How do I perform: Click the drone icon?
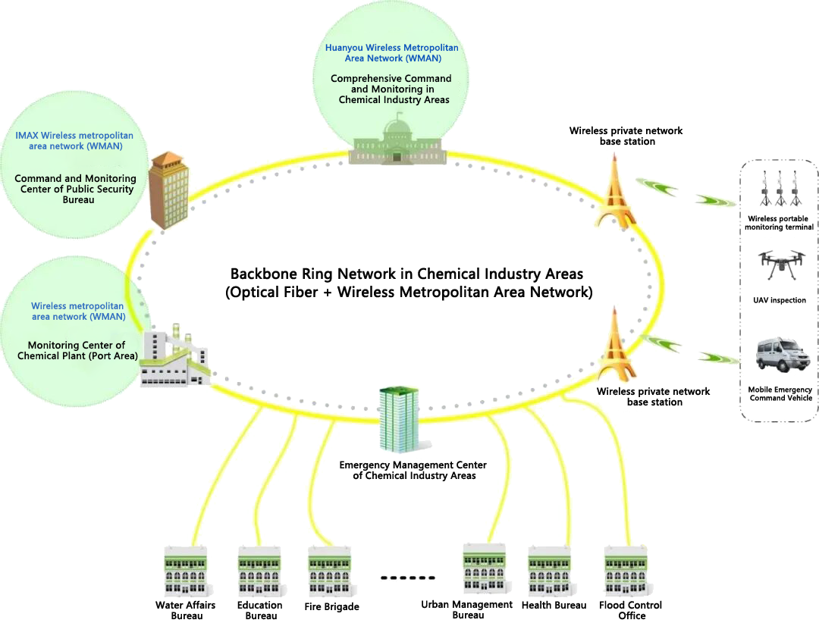(780, 265)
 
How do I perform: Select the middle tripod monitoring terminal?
(780, 189)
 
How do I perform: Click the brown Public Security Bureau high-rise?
(168, 189)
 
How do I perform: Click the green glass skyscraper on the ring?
(400, 418)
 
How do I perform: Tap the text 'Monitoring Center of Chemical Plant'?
(76, 350)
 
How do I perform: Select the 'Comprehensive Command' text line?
(391, 78)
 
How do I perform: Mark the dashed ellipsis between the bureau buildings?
(407, 578)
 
